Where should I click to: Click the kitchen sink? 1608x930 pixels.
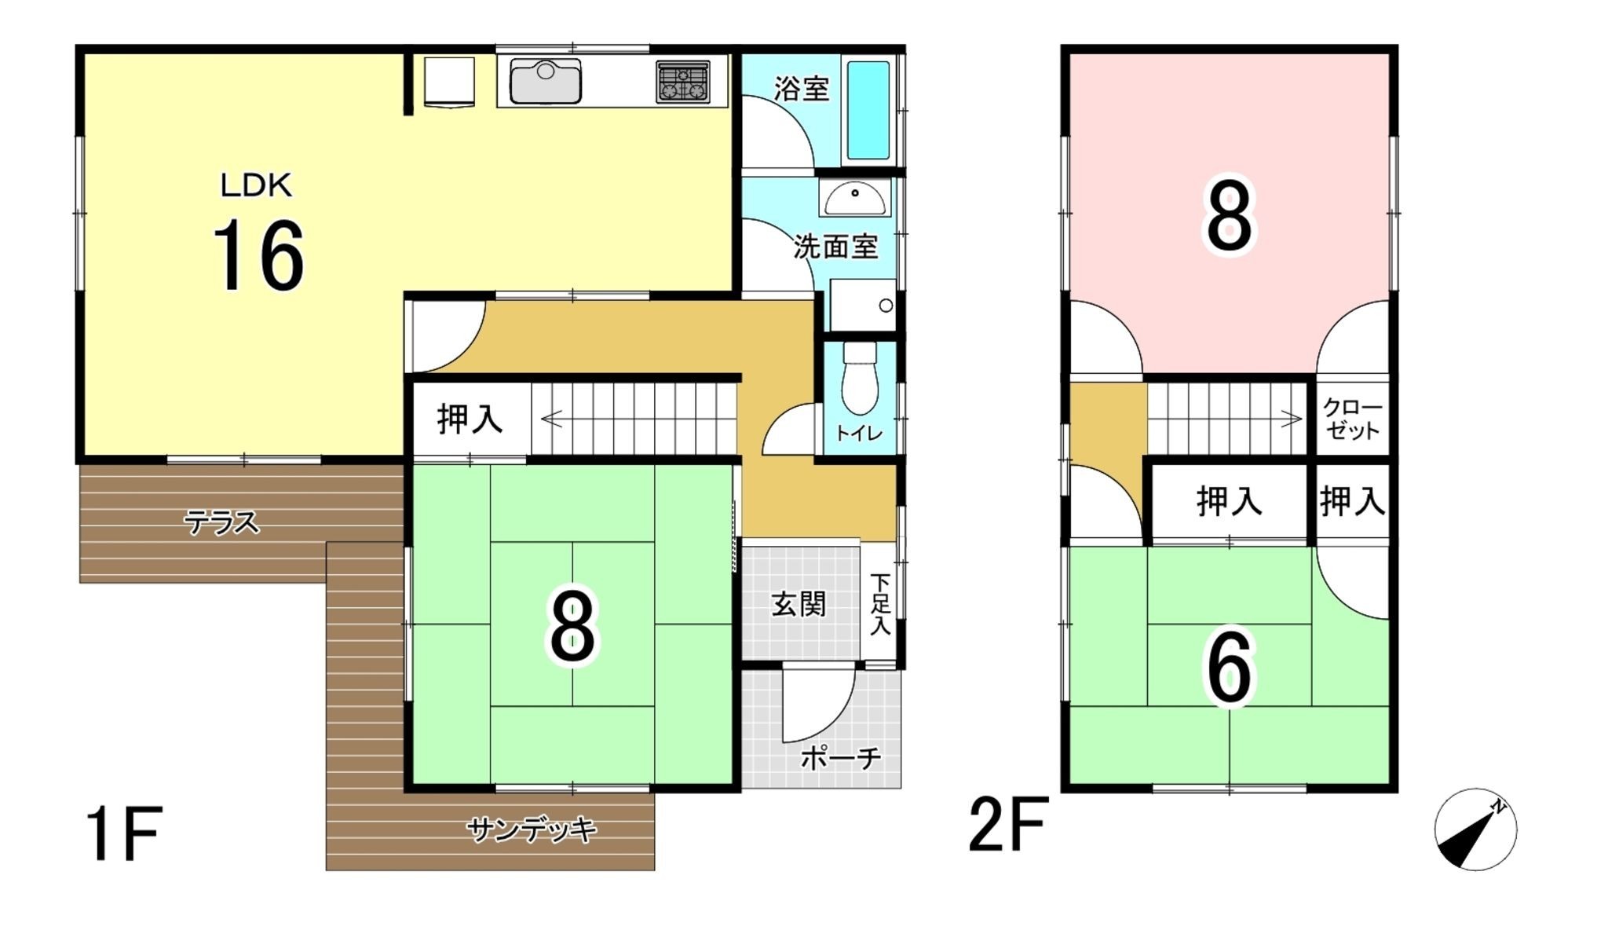(x=545, y=81)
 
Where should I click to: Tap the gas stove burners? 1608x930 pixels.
(x=682, y=82)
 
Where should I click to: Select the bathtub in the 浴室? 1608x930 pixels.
(x=868, y=110)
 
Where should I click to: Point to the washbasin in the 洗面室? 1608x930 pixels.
(x=855, y=196)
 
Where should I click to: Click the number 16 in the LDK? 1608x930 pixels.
(x=258, y=255)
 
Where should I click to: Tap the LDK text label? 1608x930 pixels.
(x=255, y=186)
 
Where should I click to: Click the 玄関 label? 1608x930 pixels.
(x=799, y=604)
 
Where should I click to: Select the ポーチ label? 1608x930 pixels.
(x=840, y=758)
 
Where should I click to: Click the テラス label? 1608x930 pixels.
(x=221, y=522)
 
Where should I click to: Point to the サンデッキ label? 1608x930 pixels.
(x=532, y=829)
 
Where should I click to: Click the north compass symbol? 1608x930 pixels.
(x=1475, y=829)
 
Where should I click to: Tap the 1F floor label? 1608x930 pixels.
(x=124, y=833)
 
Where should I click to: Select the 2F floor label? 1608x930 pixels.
(x=1008, y=824)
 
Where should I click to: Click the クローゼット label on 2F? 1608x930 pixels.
(x=1351, y=419)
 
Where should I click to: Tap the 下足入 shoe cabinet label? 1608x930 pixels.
(x=880, y=604)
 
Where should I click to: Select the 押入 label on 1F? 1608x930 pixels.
(x=470, y=419)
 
